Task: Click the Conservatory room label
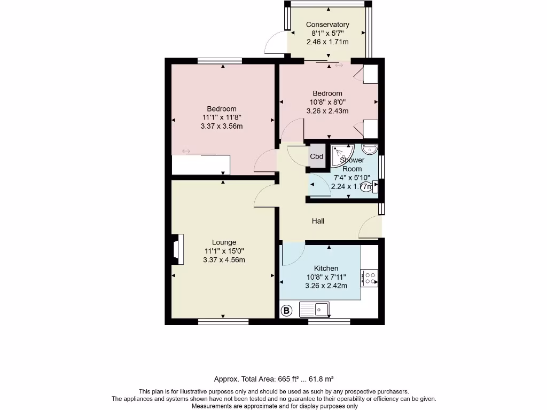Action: tap(327, 25)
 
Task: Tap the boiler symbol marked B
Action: tap(287, 310)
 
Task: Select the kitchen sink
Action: tap(314, 309)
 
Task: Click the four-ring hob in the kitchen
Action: tap(369, 278)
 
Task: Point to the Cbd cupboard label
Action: tap(317, 156)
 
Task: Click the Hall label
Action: tap(318, 221)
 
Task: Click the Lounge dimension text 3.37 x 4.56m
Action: tap(224, 260)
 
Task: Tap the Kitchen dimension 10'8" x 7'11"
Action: tap(326, 277)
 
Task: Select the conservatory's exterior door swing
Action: tap(277, 43)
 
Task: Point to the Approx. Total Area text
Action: tap(273, 379)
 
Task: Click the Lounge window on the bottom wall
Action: tap(223, 322)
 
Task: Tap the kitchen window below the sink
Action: tap(329, 322)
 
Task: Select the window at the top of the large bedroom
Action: tap(223, 61)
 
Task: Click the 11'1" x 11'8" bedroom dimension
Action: tap(223, 117)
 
